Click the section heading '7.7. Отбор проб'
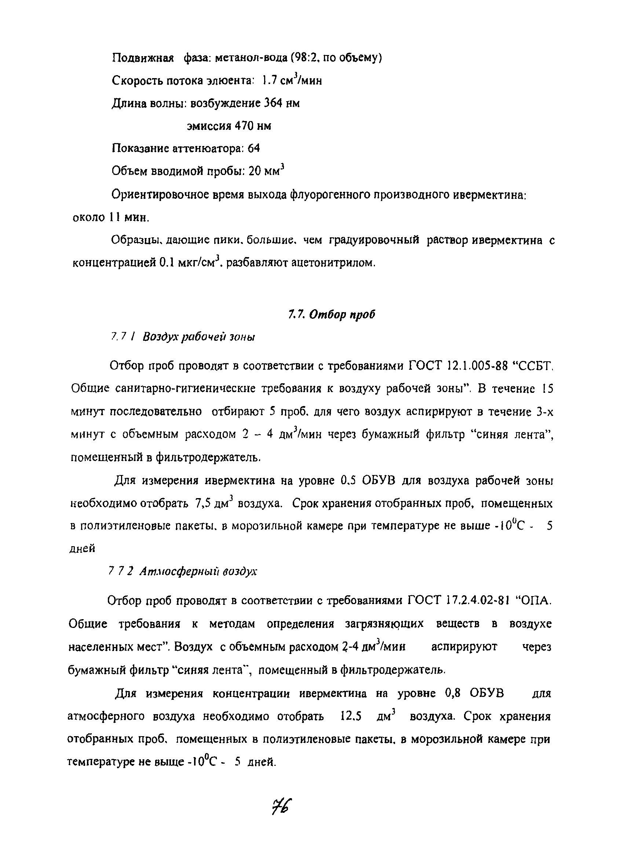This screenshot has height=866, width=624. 332,315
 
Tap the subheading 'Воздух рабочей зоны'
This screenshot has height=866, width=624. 198,337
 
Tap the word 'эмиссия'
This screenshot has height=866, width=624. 209,127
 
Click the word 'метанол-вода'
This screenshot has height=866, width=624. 251,58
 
